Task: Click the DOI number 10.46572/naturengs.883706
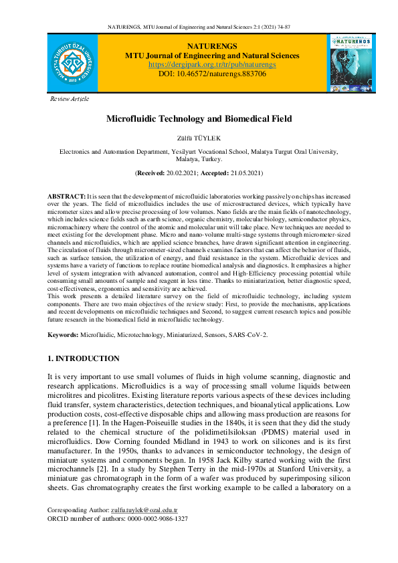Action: pos(221,74)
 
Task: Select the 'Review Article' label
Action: pos(70,99)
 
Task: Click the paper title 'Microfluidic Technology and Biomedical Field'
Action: pos(199,119)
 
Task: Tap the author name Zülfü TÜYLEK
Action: pos(199,138)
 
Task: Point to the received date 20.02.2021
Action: pos(183,173)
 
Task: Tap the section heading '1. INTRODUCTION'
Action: pos(84,359)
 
